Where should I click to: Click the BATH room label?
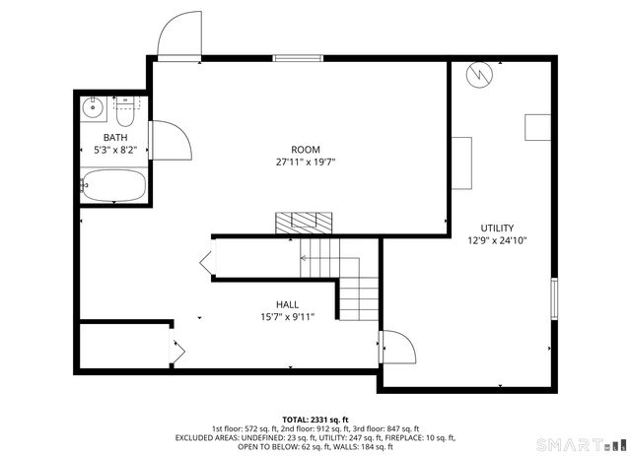115,138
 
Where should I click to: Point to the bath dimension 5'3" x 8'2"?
115,151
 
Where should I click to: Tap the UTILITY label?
497,228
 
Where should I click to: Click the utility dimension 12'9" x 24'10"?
497,240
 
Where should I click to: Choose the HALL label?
287,304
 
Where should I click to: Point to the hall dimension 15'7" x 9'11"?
287,317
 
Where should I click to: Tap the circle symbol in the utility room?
477,75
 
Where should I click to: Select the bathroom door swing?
168,140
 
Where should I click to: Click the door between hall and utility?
396,349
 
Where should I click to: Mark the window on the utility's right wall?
554,295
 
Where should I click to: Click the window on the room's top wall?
298,58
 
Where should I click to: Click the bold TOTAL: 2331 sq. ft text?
315,419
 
